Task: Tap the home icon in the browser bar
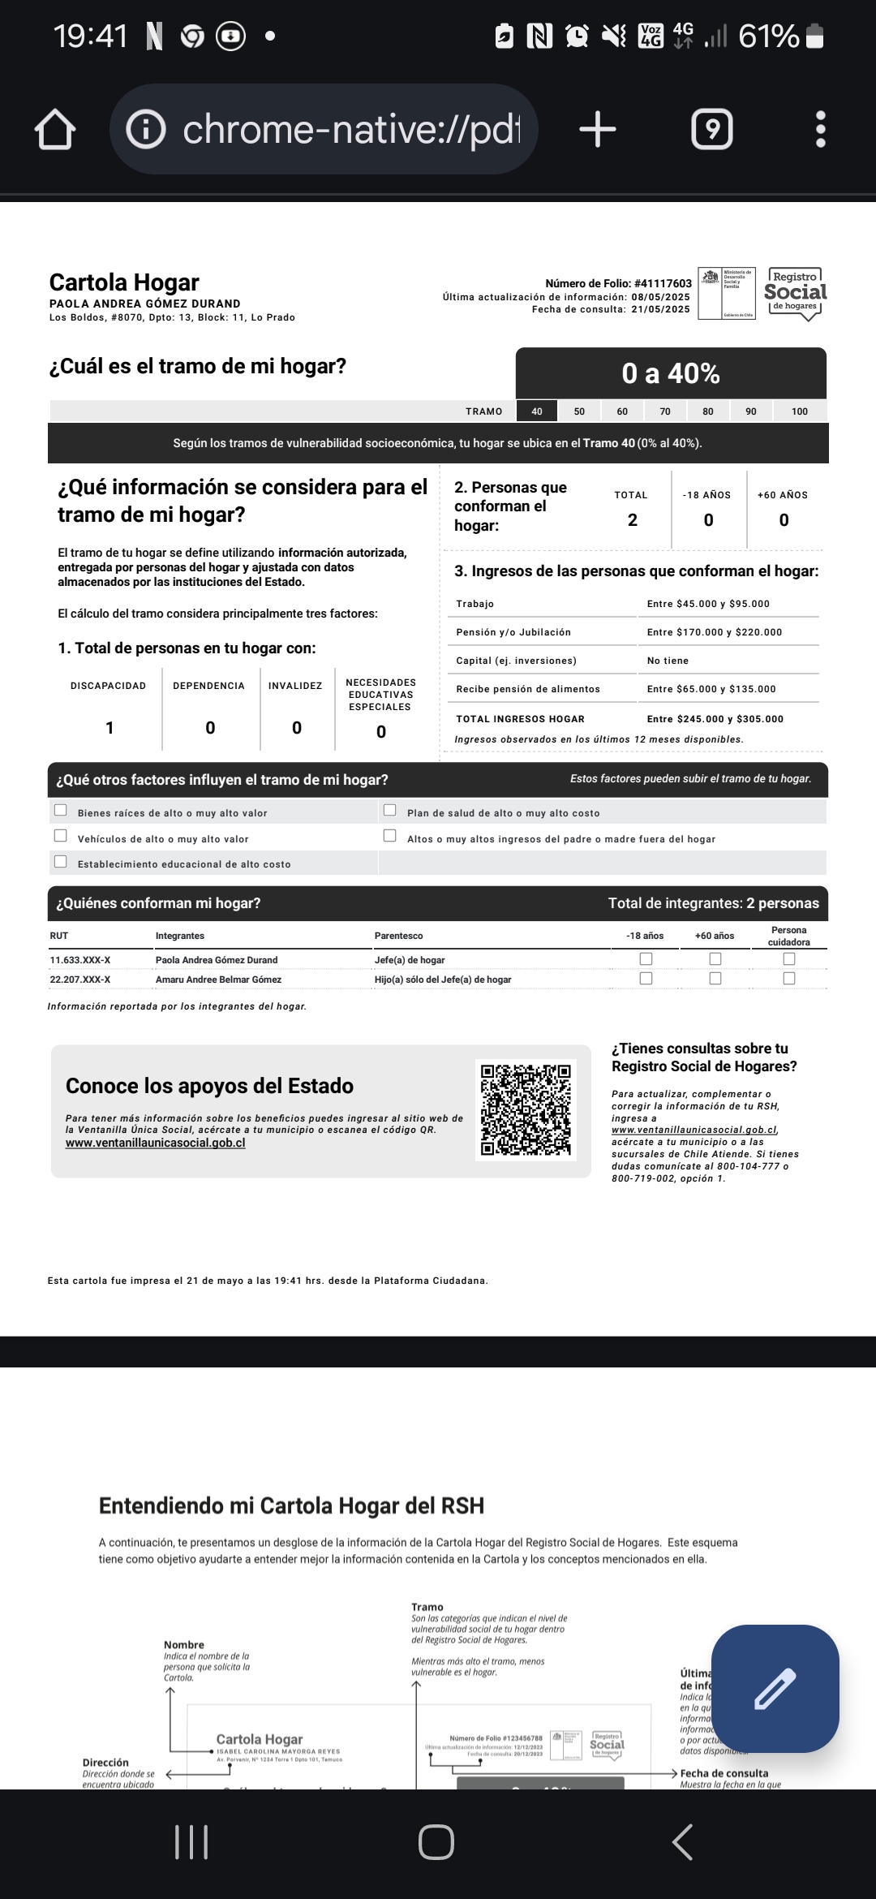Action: (55, 130)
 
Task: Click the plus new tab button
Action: (598, 130)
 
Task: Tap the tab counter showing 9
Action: (711, 130)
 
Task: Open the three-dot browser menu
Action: (820, 130)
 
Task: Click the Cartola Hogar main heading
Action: (124, 282)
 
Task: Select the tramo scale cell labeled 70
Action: (665, 411)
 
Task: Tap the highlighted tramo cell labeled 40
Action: (537, 411)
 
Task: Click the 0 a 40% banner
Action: (671, 373)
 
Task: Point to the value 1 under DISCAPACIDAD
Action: (109, 728)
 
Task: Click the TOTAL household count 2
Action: (633, 520)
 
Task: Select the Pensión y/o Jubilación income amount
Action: (715, 632)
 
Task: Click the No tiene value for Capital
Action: (668, 661)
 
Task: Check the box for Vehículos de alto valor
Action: (61, 836)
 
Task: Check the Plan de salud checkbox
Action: (390, 810)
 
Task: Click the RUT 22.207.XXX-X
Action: (80, 980)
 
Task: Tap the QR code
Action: (526, 1109)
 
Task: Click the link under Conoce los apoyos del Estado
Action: (155, 1143)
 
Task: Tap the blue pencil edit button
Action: (775, 1689)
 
